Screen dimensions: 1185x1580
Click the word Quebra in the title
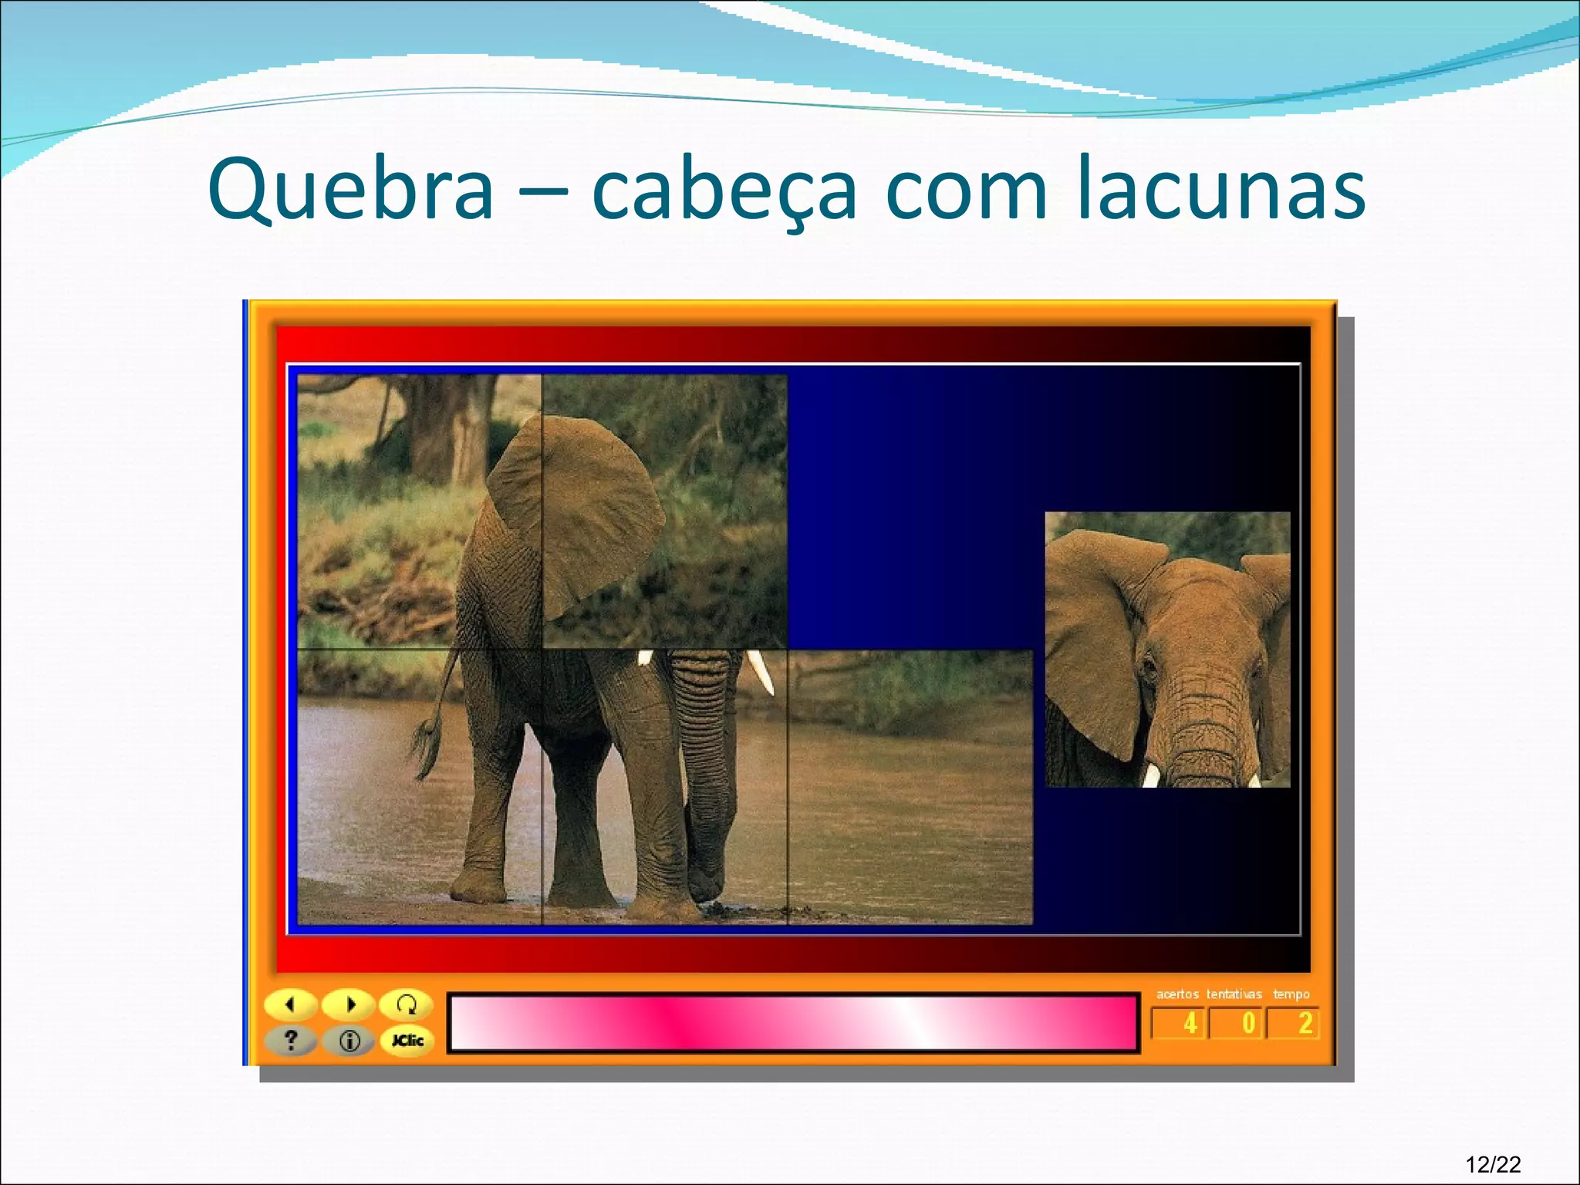[351, 190]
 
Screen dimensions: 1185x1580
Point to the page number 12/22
[1493, 1163]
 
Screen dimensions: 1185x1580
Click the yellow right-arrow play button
[349, 1004]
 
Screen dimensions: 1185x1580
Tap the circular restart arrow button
[406, 1004]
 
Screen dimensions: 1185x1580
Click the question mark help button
[291, 1041]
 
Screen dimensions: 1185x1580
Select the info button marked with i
[349, 1042]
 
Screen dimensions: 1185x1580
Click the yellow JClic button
[407, 1041]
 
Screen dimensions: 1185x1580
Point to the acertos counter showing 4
[1178, 1024]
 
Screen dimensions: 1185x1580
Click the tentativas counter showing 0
[1237, 1024]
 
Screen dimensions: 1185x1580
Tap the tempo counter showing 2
[1294, 1024]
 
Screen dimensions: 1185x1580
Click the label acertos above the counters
[1177, 994]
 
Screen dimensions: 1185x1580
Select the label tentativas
[1234, 994]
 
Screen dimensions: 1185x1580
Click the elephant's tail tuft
[425, 744]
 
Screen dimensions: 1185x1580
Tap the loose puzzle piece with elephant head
[1167, 650]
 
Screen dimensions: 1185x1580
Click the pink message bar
[793, 1023]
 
